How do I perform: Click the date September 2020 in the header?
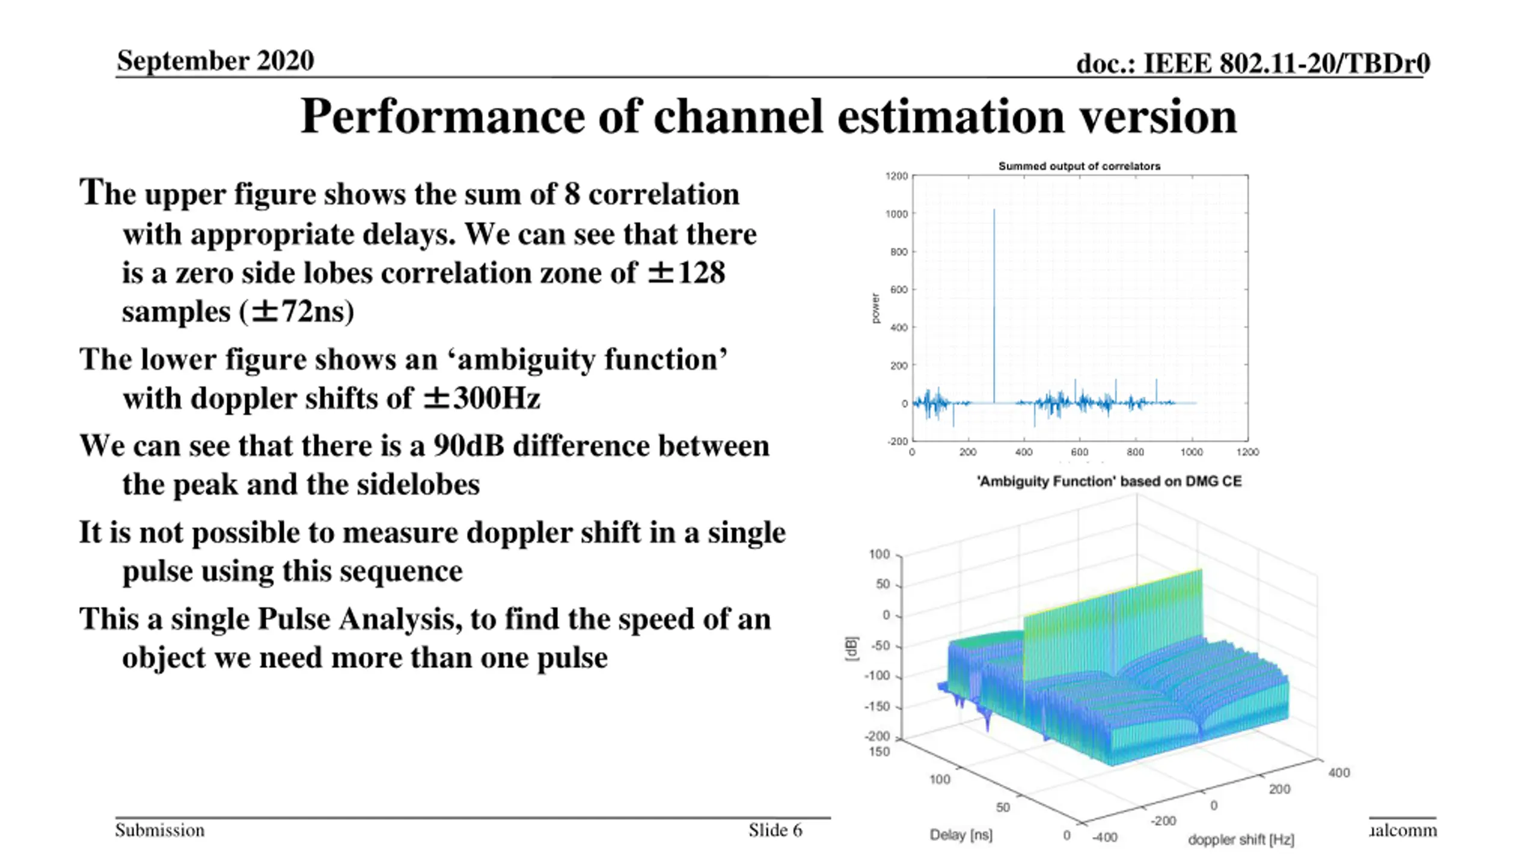[215, 61]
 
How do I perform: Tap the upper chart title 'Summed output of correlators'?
[1079, 166]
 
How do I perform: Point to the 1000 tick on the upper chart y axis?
[896, 214]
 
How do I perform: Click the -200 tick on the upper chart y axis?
[898, 441]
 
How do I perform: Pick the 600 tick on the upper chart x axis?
[1079, 452]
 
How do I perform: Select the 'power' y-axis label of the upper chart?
[875, 309]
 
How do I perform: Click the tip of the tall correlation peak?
[994, 210]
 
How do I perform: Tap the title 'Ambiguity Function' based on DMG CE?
[1109, 482]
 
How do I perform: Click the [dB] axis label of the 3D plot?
[851, 649]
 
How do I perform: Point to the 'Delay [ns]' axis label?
[961, 835]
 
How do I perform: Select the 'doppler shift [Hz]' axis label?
[1241, 840]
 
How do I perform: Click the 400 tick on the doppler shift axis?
[1339, 773]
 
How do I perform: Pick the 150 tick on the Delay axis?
[879, 752]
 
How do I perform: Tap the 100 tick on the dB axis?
[880, 554]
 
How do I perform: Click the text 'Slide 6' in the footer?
[775, 831]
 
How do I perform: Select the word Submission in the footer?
[160, 831]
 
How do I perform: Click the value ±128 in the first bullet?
[686, 273]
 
